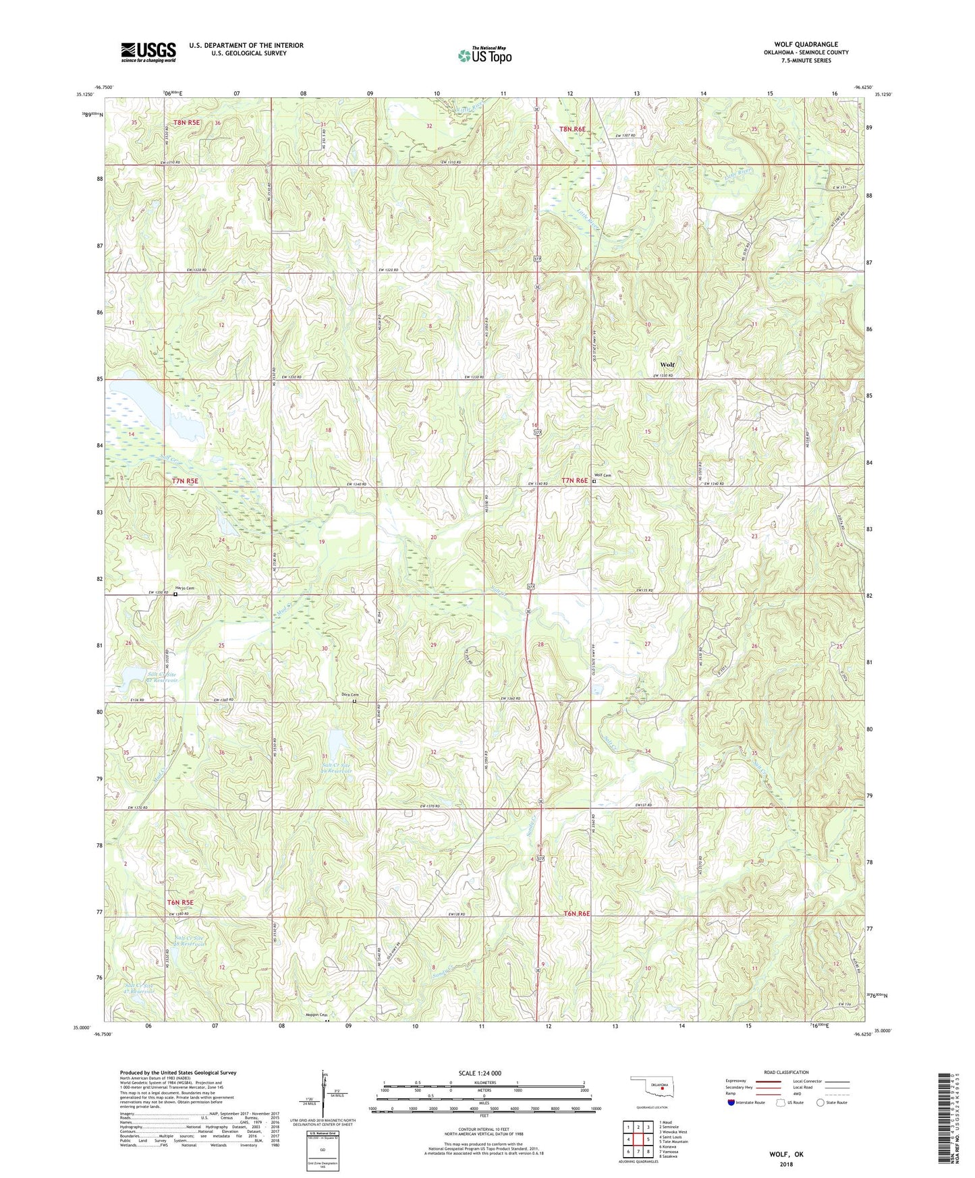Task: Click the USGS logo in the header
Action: [148, 52]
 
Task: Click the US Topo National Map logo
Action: [484, 55]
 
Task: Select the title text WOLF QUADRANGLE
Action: [806, 45]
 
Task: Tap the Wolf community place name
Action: [667, 365]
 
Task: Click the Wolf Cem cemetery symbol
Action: [594, 482]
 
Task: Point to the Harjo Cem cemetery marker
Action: [175, 594]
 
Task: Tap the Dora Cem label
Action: [349, 695]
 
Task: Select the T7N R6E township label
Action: [576, 481]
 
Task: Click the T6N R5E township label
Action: [180, 902]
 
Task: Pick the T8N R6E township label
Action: [572, 128]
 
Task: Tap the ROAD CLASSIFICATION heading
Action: [786, 1072]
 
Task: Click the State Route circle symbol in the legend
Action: [820, 1103]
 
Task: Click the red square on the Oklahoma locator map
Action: [663, 1088]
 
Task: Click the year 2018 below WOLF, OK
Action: [786, 1164]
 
